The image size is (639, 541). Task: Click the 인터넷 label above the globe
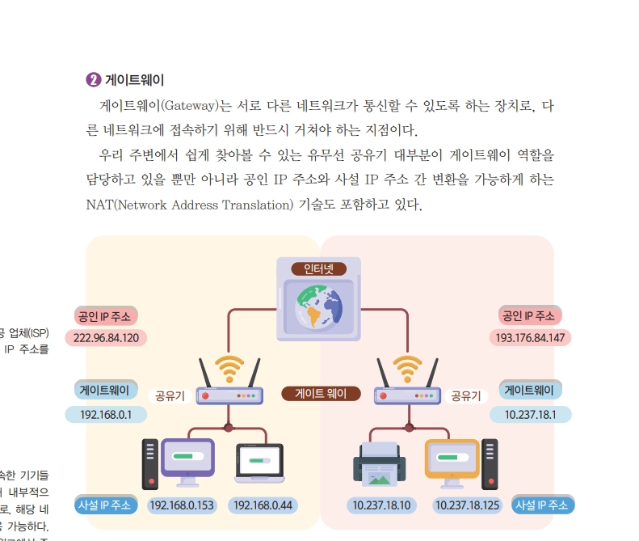pyautogui.click(x=318, y=268)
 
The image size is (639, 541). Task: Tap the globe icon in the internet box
pyautogui.click(x=319, y=306)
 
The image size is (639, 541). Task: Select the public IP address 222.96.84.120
pyautogui.click(x=106, y=337)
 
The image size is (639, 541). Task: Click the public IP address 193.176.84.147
pyautogui.click(x=530, y=336)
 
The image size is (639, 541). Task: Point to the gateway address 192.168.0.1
pyautogui.click(x=106, y=414)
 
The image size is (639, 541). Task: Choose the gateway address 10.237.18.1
pyautogui.click(x=530, y=414)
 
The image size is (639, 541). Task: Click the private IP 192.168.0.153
pyautogui.click(x=183, y=505)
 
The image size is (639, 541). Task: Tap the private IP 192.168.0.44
pyautogui.click(x=263, y=505)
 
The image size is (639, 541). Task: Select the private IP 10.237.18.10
pyautogui.click(x=382, y=505)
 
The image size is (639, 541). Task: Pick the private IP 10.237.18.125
pyautogui.click(x=469, y=505)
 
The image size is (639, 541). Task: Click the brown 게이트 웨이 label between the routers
pyautogui.click(x=321, y=394)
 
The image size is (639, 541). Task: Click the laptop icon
pyautogui.click(x=260, y=463)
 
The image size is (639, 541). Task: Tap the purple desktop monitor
pyautogui.click(x=187, y=459)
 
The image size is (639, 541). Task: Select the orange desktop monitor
pyautogui.click(x=452, y=459)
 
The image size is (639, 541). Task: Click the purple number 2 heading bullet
pyautogui.click(x=93, y=80)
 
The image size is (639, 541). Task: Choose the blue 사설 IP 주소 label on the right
pyautogui.click(x=541, y=505)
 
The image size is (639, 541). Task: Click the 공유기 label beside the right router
pyautogui.click(x=466, y=395)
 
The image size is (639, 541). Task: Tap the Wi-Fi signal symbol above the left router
pyautogui.click(x=229, y=368)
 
